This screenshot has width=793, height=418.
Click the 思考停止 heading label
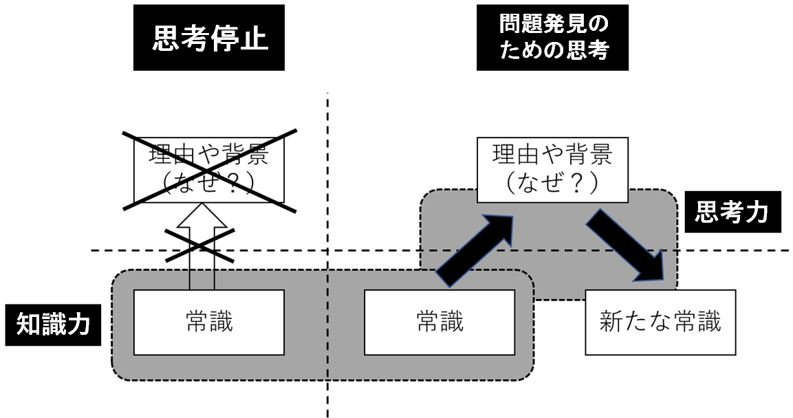[209, 38]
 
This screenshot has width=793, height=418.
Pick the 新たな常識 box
[660, 322]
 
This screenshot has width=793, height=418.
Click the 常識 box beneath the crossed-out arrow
[209, 322]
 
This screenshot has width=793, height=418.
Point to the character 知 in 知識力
[30, 323]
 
